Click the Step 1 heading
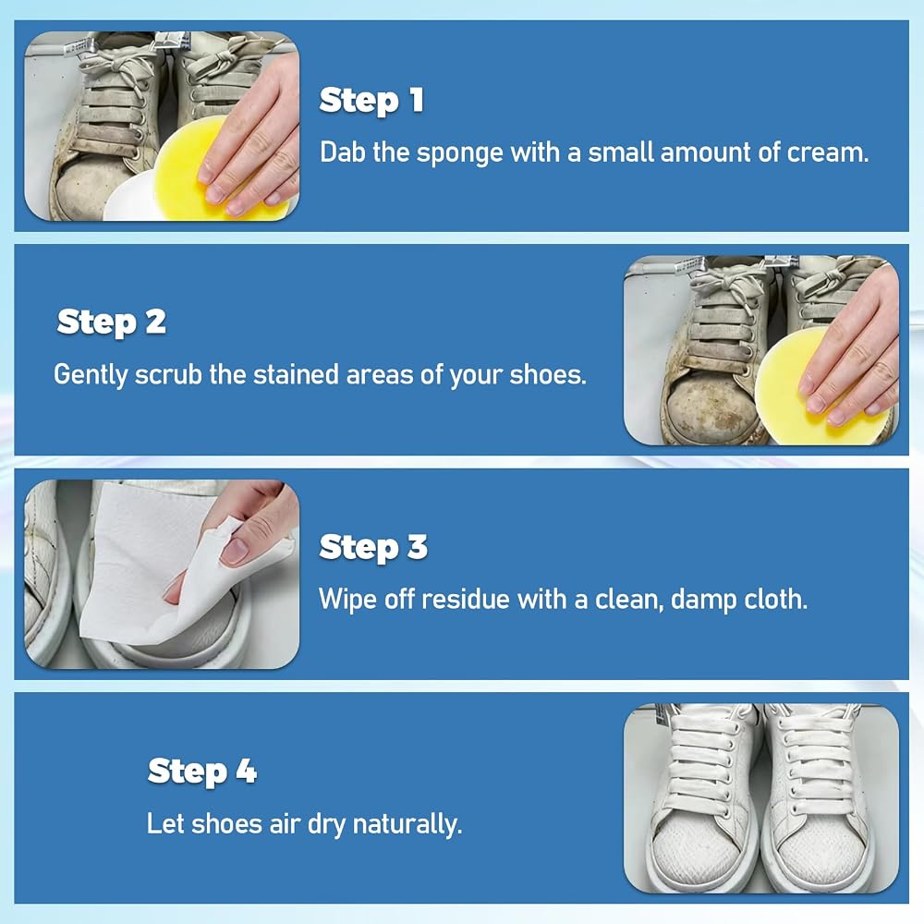371,101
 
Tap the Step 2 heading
112,322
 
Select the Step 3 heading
373,548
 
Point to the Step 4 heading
202,772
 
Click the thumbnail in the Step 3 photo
236,551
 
